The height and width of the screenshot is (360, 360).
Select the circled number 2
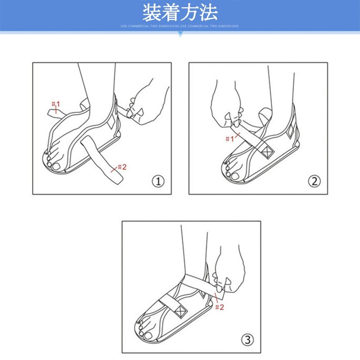[314, 181]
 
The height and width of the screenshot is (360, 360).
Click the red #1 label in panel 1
[55, 105]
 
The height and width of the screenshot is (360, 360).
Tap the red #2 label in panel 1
[121, 167]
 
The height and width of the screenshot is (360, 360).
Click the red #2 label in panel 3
[219, 307]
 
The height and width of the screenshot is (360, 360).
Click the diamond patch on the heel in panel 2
[290, 130]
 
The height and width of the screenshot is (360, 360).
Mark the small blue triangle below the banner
[180, 34]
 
